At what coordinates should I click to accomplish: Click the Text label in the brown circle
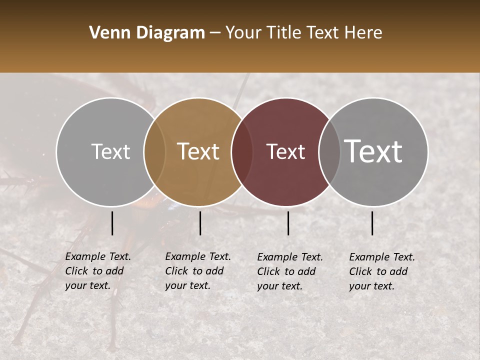click(x=198, y=151)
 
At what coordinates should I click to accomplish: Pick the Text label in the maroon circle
click(x=286, y=151)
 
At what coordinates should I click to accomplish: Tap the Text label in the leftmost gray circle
click(x=110, y=151)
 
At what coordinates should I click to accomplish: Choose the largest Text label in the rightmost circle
click(x=373, y=151)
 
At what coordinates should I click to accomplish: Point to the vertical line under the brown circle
click(x=200, y=223)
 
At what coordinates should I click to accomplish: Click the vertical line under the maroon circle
click(x=288, y=223)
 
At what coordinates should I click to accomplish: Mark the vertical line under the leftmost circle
click(x=112, y=223)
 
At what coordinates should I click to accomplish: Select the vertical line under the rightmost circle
click(x=372, y=223)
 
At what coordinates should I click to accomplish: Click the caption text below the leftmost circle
click(x=98, y=271)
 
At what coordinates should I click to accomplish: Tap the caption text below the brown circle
click(x=198, y=271)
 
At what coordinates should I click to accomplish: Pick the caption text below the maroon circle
click(x=290, y=271)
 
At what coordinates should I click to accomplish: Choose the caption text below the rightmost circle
click(x=382, y=271)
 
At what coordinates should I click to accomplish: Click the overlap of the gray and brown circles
click(x=154, y=152)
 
